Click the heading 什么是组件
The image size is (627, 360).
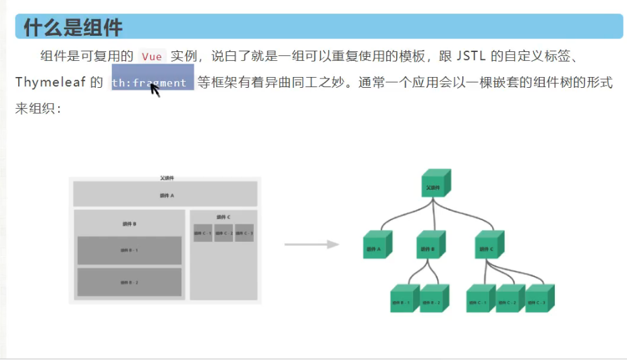coord(73,28)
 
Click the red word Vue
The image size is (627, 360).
coord(152,57)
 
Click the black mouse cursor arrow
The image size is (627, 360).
coord(155,90)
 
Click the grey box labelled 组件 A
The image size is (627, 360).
coord(165,195)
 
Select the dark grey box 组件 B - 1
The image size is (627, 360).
coord(129,251)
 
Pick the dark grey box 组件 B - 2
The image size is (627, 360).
coord(129,282)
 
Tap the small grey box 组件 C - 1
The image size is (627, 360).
coord(202,233)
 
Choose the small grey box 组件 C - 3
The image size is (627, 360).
coord(244,233)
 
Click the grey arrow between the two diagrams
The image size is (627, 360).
coord(310,244)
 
